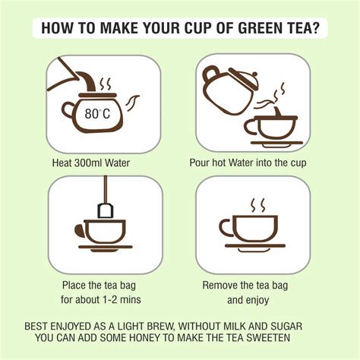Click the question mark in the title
click(313, 30)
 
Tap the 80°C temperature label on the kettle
click(96, 113)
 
